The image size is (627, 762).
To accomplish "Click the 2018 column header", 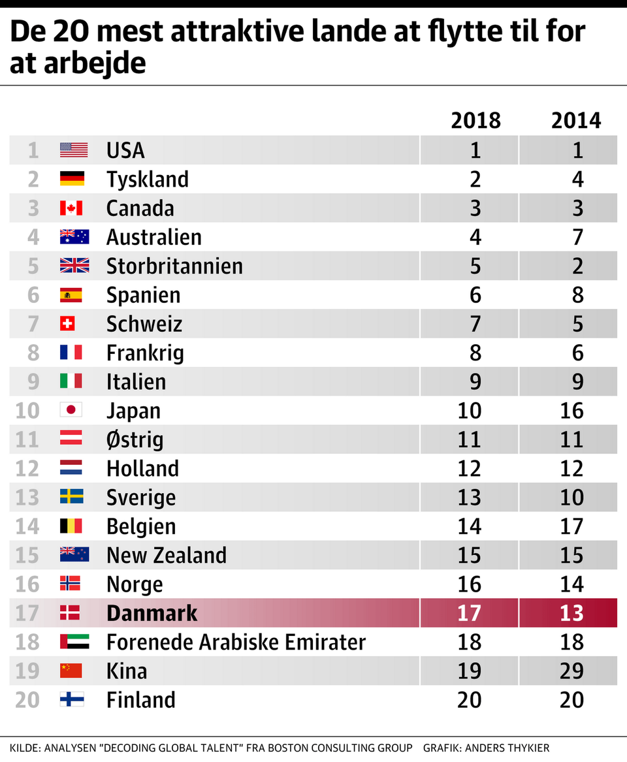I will pyautogui.click(x=475, y=120).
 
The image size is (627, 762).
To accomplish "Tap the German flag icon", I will pyautogui.click(x=71, y=179).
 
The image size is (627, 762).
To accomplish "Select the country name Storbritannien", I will pyautogui.click(x=174, y=266).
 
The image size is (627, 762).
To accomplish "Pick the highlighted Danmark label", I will pyautogui.click(x=152, y=613).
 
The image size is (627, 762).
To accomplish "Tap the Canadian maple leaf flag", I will pyautogui.click(x=71, y=208).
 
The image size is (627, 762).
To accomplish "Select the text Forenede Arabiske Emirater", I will pyautogui.click(x=236, y=642).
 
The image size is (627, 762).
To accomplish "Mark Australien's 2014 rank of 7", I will pyautogui.click(x=577, y=237).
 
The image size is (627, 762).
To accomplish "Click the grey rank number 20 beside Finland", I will pyautogui.click(x=27, y=700).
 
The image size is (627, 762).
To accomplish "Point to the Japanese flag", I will pyautogui.click(x=71, y=410).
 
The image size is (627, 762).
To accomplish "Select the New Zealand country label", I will pyautogui.click(x=166, y=555).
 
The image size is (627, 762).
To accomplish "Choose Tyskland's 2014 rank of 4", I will pyautogui.click(x=577, y=180).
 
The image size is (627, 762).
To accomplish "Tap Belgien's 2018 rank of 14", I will pyautogui.click(x=470, y=526).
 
